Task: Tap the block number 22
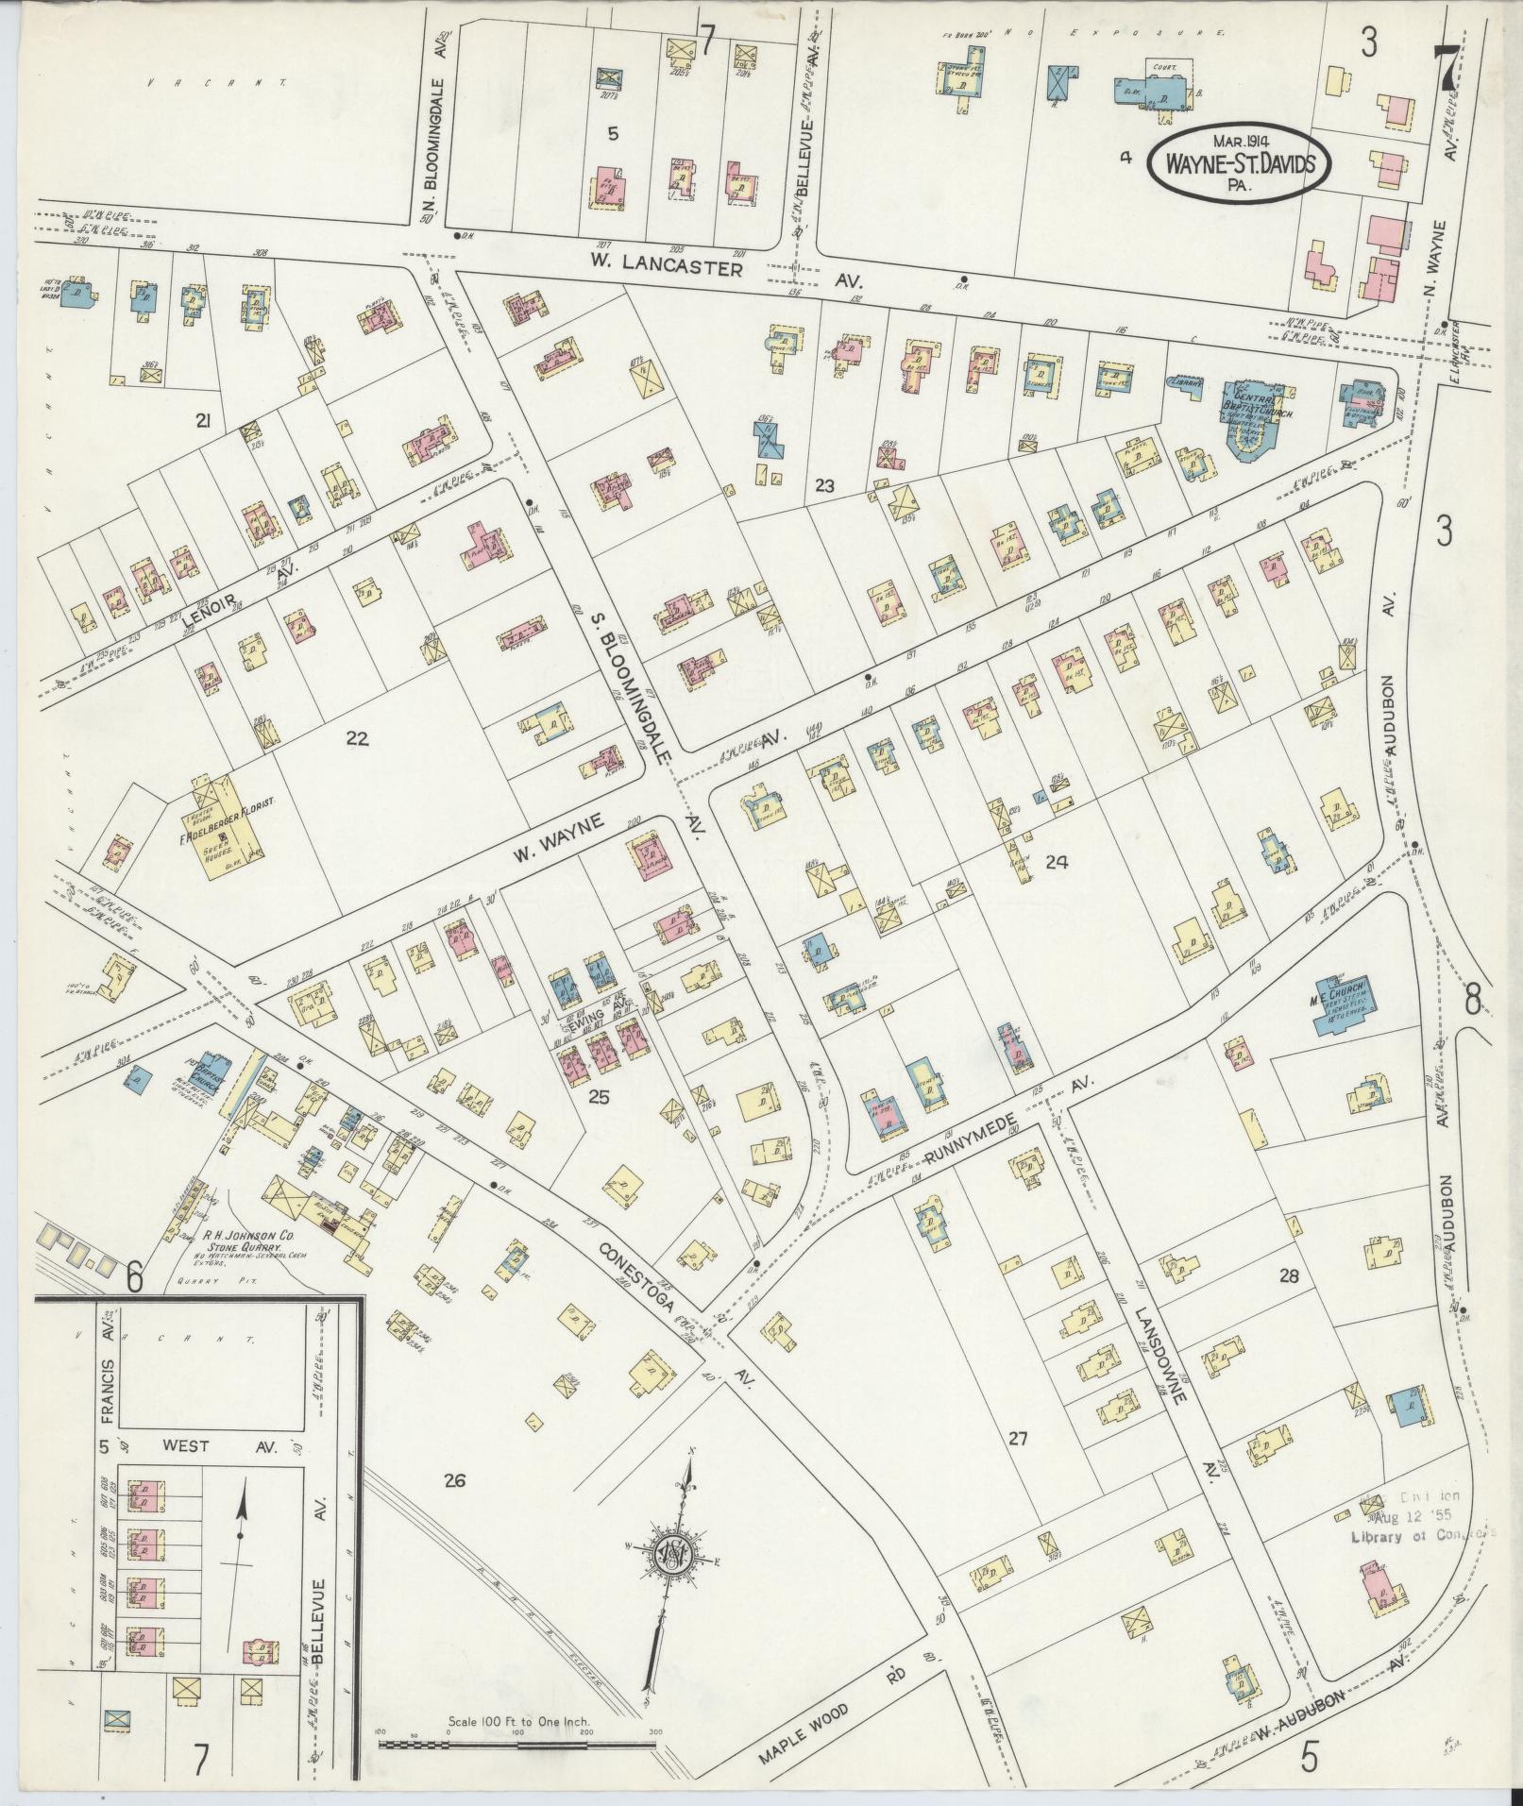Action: coord(356,738)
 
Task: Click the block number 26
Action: coord(455,1479)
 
